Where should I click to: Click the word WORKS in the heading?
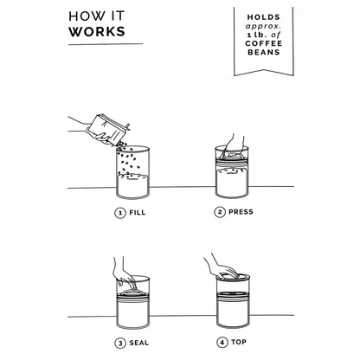[x=97, y=31]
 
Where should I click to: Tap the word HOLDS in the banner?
[x=264, y=17]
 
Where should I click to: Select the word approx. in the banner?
[x=263, y=26]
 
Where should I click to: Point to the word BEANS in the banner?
[x=264, y=52]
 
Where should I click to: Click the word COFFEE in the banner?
[x=264, y=43]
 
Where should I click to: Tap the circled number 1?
[x=120, y=213]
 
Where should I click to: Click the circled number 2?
[x=220, y=212]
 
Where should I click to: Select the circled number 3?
[x=120, y=344]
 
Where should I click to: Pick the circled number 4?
[x=222, y=343]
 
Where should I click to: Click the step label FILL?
[x=138, y=213]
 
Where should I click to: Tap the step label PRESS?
[x=241, y=212]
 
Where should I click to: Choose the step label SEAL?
[x=139, y=343]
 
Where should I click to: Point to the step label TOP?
[x=239, y=342]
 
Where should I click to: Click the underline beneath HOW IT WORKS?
[x=106, y=44]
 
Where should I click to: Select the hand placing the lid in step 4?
[x=222, y=267]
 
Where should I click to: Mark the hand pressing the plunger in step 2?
[x=235, y=147]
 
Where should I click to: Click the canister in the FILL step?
[x=133, y=172]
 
